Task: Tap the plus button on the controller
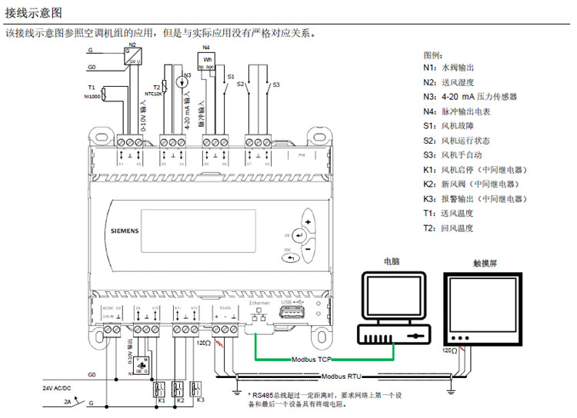308,221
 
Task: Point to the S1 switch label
229,78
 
